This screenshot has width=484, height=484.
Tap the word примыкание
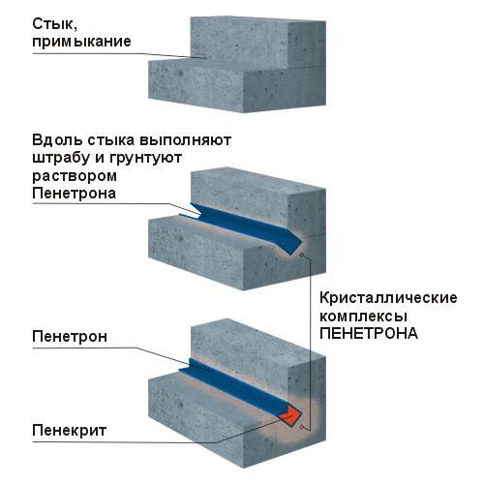(81, 43)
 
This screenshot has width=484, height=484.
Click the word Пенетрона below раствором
(75, 194)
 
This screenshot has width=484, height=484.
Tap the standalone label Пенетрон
(70, 337)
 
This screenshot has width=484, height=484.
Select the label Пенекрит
(70, 431)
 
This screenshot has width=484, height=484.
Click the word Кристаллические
(388, 298)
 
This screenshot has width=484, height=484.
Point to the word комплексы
(363, 318)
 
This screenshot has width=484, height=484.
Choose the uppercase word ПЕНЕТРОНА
(369, 334)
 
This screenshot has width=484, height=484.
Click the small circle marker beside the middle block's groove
(301, 256)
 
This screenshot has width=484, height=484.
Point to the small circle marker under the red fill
(301, 427)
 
